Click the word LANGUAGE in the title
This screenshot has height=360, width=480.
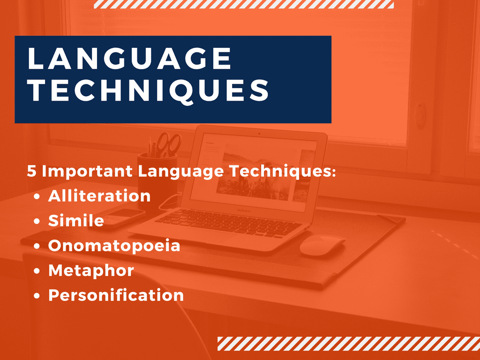129,59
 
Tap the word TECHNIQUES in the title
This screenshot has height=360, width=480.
148,90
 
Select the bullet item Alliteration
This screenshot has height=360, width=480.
99,195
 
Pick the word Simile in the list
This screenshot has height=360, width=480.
76,220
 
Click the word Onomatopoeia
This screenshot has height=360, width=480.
114,246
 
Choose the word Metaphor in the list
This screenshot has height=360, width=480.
91,270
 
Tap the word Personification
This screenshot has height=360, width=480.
116,295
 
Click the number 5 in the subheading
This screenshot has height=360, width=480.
31,171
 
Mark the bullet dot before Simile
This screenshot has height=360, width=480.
37,221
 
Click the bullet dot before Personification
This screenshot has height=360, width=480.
37,296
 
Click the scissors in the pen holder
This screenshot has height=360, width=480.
169,144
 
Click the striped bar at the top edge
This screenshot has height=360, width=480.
244,4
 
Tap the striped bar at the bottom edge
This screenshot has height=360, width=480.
349,344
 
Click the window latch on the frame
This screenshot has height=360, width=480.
420,116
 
